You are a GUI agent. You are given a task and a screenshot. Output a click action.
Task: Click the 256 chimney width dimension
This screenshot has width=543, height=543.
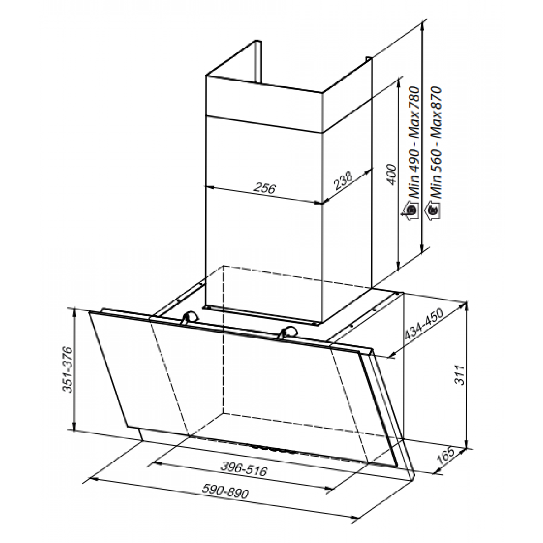265,188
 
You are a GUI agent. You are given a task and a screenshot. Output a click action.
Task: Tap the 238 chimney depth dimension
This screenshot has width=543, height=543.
343,181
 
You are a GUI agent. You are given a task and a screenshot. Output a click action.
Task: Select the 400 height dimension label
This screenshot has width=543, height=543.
391,174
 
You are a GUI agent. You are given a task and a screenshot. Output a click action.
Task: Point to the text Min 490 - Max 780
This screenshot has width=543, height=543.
414,143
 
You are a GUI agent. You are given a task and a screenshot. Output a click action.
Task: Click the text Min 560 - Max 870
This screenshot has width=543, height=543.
434,143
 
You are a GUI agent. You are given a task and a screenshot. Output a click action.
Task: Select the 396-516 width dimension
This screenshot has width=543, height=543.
243,468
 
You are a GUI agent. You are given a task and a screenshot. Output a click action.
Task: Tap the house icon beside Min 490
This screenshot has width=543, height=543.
410,211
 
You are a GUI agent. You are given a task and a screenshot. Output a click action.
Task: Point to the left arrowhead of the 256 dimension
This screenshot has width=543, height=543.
209,187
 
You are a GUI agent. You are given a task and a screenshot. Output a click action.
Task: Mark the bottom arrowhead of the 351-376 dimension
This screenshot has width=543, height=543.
74,433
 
